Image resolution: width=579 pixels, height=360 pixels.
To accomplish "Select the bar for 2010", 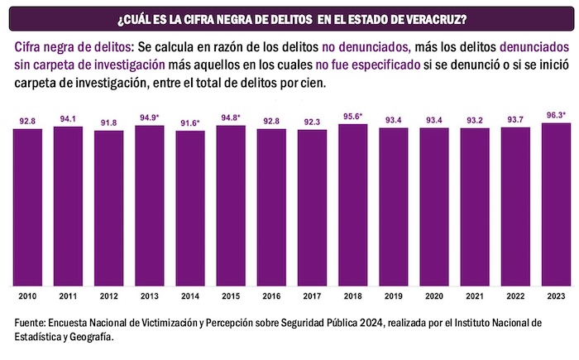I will tap(27, 207).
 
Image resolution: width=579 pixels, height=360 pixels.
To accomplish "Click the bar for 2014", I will tap(190, 208).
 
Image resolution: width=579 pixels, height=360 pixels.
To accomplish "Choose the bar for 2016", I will tap(271, 207).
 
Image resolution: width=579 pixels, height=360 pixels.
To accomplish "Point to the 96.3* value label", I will tap(556, 115).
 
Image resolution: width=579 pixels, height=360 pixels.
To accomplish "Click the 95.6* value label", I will tap(352, 117).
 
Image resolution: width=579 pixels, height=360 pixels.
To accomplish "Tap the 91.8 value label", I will tap(108, 122).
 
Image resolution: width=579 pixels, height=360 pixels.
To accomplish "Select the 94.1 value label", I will tap(68, 118).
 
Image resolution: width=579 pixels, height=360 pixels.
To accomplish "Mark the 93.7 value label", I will tap(515, 119).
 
